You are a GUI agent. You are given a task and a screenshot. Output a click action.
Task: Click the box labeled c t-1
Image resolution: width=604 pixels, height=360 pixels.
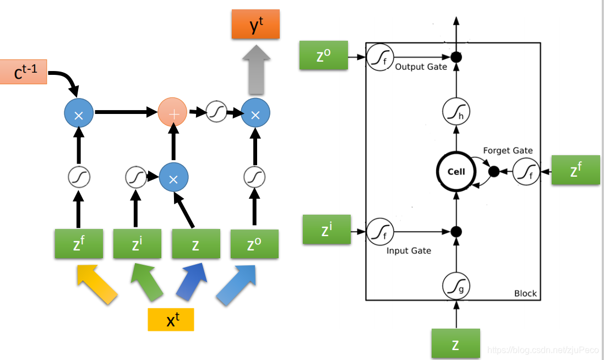(x=23, y=72)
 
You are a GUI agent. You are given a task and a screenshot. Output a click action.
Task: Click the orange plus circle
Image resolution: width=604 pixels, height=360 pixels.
(x=173, y=113)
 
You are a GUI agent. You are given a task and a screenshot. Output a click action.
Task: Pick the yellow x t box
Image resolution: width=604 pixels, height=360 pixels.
(x=171, y=319)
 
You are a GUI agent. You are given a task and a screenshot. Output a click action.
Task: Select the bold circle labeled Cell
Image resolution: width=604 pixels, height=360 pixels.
(x=456, y=171)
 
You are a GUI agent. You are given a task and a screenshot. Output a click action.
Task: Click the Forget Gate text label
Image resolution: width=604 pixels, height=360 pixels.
(x=508, y=150)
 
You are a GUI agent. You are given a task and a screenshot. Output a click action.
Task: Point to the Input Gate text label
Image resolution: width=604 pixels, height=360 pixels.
(x=409, y=250)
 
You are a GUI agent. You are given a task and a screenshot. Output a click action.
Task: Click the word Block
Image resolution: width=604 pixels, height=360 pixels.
(x=525, y=293)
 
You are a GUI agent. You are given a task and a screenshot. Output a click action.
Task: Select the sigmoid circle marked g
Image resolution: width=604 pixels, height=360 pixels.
(x=456, y=286)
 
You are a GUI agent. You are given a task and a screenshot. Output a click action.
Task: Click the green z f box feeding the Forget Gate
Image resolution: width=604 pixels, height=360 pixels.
(x=575, y=170)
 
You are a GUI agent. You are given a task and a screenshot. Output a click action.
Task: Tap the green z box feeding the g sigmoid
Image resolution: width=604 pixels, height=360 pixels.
(x=455, y=344)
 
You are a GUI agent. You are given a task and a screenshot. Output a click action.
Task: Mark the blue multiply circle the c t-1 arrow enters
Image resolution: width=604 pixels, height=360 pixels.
(x=78, y=113)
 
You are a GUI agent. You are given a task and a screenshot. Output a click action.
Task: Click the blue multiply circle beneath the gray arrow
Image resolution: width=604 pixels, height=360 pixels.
(x=255, y=113)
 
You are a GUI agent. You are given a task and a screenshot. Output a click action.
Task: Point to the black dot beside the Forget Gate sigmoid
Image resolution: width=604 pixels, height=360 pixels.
(x=494, y=172)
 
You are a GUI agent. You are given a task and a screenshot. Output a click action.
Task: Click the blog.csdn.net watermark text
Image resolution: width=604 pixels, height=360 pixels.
(x=543, y=350)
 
